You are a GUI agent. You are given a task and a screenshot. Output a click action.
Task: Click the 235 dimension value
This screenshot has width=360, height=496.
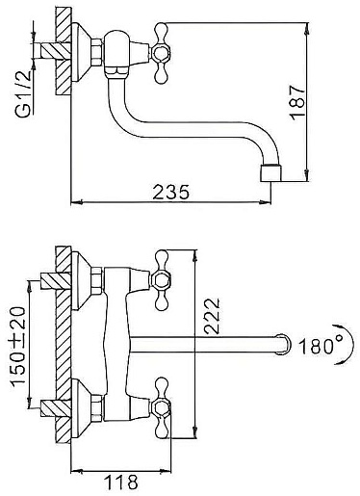click(171, 192)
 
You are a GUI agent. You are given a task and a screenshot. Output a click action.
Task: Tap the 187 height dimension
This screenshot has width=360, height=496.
click(297, 103)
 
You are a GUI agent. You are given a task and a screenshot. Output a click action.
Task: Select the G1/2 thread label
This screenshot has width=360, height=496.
click(23, 93)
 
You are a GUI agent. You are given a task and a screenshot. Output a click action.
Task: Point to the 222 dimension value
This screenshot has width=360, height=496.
click(213, 317)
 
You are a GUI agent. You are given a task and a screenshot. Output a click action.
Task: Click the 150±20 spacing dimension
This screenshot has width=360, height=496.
click(17, 347)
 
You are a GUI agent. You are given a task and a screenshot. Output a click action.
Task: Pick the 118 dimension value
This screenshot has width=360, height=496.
click(121, 482)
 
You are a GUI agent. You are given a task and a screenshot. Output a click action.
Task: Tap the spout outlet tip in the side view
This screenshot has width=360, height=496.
click(271, 172)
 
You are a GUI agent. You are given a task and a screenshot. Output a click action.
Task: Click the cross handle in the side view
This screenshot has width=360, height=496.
click(160, 53)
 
